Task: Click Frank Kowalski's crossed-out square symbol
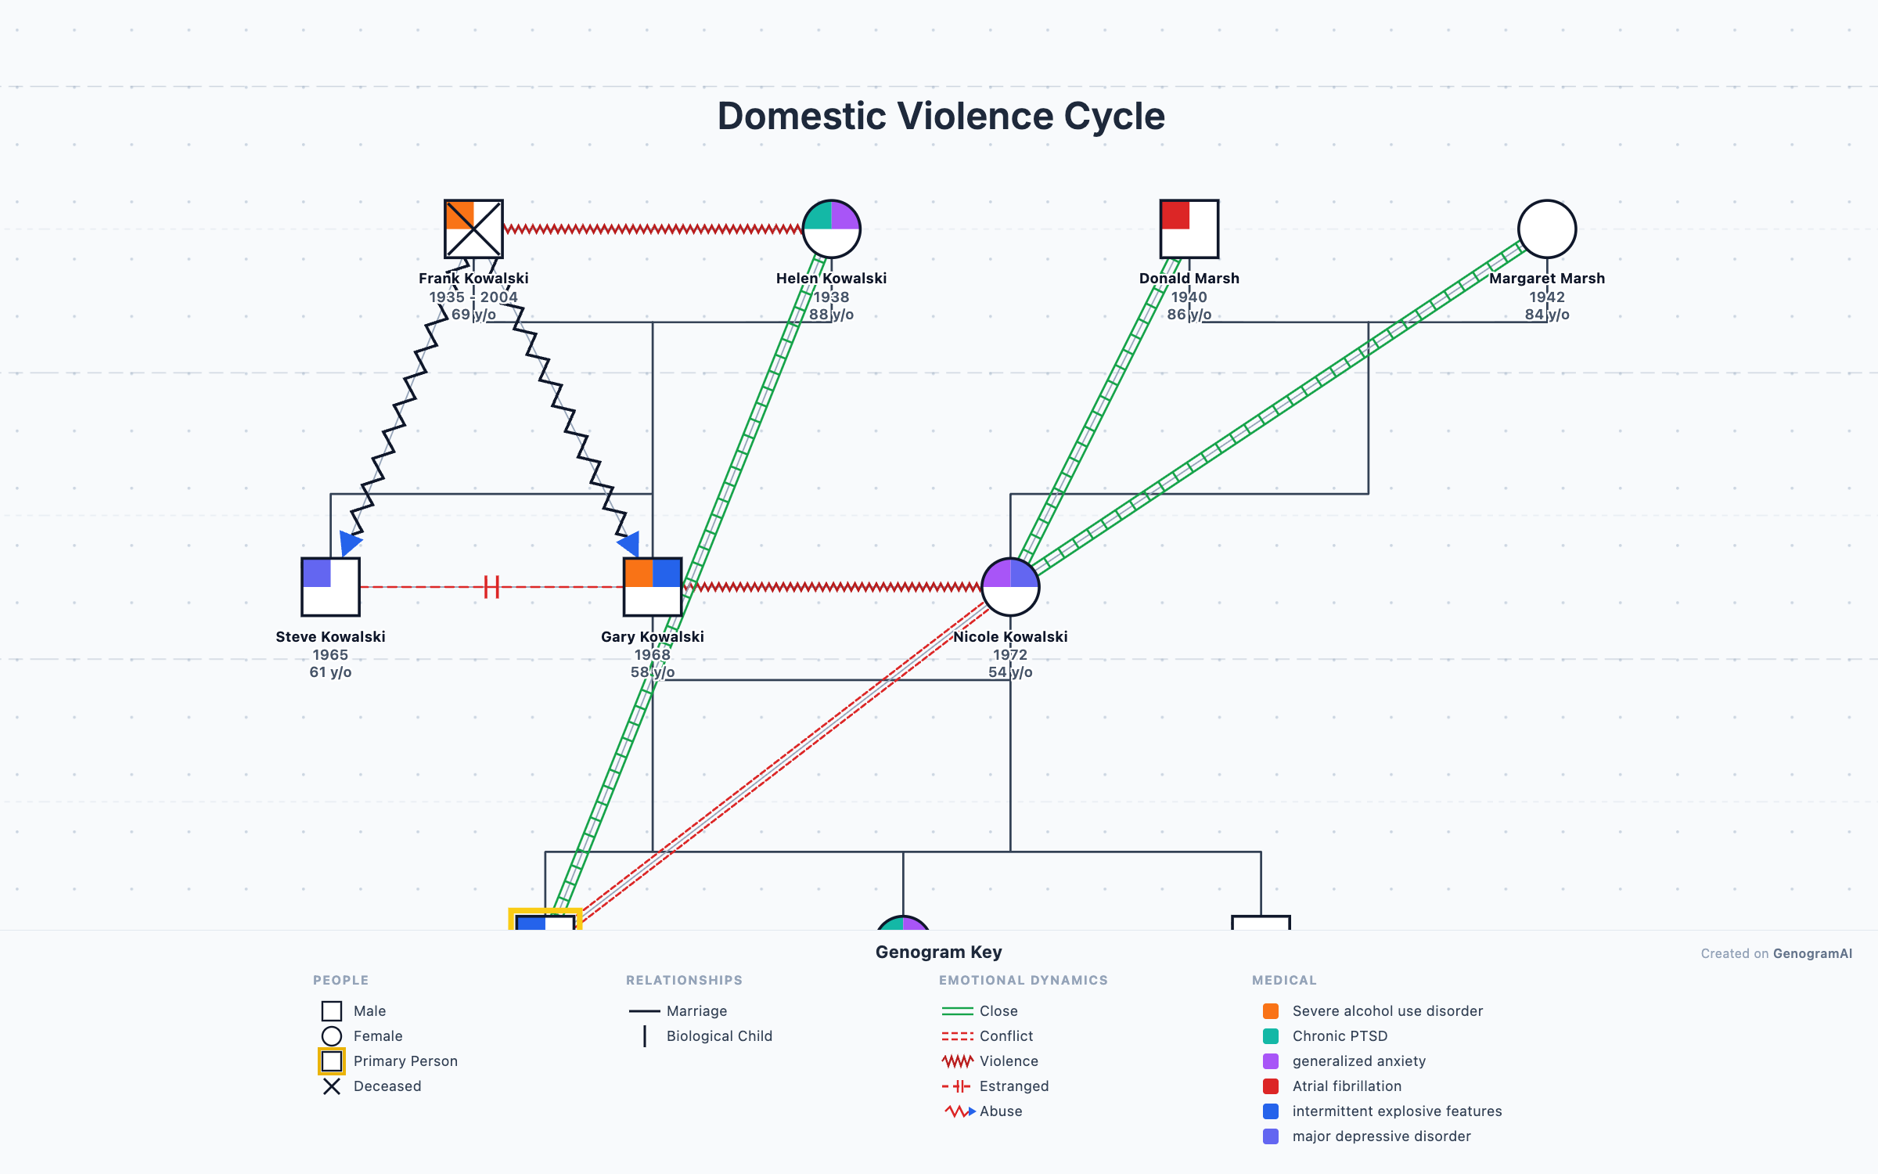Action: click(x=473, y=229)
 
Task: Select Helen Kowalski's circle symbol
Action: click(x=831, y=229)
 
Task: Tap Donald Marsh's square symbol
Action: click(x=1189, y=229)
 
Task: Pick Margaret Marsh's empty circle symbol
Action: click(x=1546, y=229)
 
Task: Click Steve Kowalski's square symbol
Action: click(x=330, y=586)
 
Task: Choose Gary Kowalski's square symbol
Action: click(x=653, y=586)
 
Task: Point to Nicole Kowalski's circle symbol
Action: click(x=1010, y=586)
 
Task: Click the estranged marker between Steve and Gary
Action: click(x=491, y=586)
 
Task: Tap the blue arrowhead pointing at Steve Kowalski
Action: click(x=350, y=542)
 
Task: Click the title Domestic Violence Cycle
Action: click(x=941, y=116)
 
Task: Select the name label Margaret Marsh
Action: click(x=1546, y=278)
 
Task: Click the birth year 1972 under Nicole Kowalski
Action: click(x=1009, y=654)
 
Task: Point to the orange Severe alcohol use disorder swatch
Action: click(x=1271, y=1011)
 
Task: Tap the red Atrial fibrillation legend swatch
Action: click(x=1271, y=1086)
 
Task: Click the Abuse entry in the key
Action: click(x=1000, y=1111)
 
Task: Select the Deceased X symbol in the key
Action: click(x=332, y=1086)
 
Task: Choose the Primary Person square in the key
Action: click(x=332, y=1061)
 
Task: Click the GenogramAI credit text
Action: click(x=1776, y=953)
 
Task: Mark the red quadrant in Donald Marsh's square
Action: click(x=1175, y=215)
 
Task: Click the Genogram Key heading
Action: click(x=938, y=952)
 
